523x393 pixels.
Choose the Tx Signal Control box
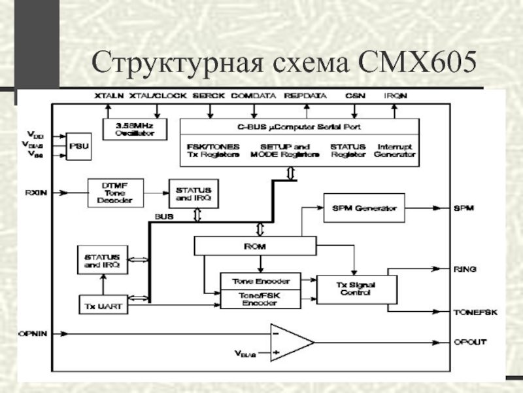point(356,289)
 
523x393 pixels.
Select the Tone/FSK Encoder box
point(260,299)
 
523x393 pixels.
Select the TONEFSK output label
point(475,312)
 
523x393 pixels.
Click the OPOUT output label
point(469,343)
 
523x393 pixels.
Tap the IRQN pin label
point(396,96)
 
